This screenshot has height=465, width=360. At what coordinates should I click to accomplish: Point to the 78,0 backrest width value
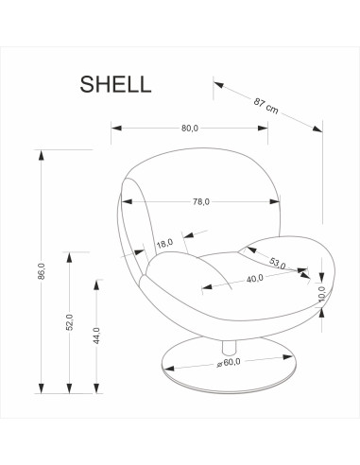tap(200, 201)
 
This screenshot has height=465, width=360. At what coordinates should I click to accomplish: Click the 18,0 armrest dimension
tap(165, 244)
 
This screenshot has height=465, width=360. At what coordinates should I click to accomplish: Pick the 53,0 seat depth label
tap(278, 264)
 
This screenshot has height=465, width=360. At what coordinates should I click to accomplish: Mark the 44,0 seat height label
tap(96, 336)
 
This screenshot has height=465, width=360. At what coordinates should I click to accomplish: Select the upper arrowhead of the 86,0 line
tap(42, 152)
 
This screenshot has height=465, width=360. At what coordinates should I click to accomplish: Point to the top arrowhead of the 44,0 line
tap(98, 281)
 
